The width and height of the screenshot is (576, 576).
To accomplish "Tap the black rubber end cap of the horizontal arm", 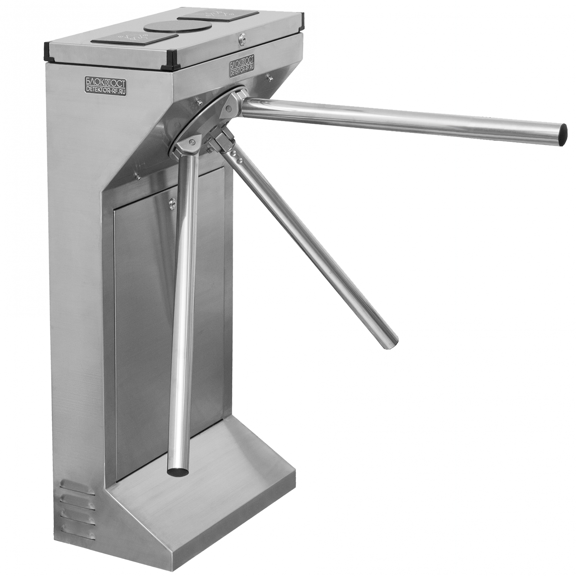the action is pyautogui.click(x=561, y=135).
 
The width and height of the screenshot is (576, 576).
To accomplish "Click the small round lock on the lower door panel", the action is pyautogui.click(x=172, y=203).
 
